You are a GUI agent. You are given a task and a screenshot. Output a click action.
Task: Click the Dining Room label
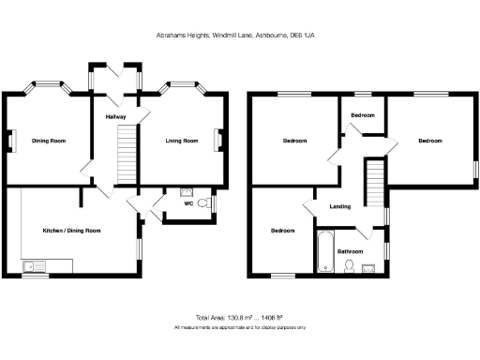click(x=49, y=141)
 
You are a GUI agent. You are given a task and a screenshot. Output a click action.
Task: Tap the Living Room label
click(x=182, y=141)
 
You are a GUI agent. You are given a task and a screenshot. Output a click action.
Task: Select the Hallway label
click(x=115, y=117)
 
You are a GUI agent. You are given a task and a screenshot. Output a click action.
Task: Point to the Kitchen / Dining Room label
click(x=71, y=230)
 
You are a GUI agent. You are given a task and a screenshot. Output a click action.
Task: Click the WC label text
click(x=188, y=202)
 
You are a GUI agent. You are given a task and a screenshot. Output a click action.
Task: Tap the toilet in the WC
click(x=209, y=202)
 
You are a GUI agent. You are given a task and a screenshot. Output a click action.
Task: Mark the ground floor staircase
click(x=126, y=156)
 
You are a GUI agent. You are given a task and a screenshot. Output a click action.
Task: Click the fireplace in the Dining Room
click(x=13, y=141)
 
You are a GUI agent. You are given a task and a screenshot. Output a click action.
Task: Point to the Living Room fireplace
click(x=219, y=141)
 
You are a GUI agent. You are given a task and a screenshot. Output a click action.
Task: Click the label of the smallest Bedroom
click(x=362, y=115)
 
